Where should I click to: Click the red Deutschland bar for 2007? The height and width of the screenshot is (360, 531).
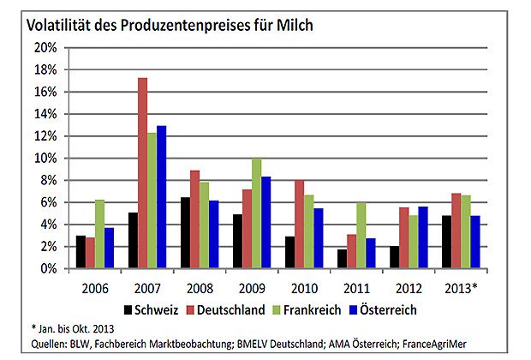coord(142,173)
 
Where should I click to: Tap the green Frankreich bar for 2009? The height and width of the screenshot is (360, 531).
coord(256,213)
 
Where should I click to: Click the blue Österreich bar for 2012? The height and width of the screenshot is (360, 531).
coord(422,237)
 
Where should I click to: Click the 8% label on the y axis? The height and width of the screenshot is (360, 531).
coord(45,180)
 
